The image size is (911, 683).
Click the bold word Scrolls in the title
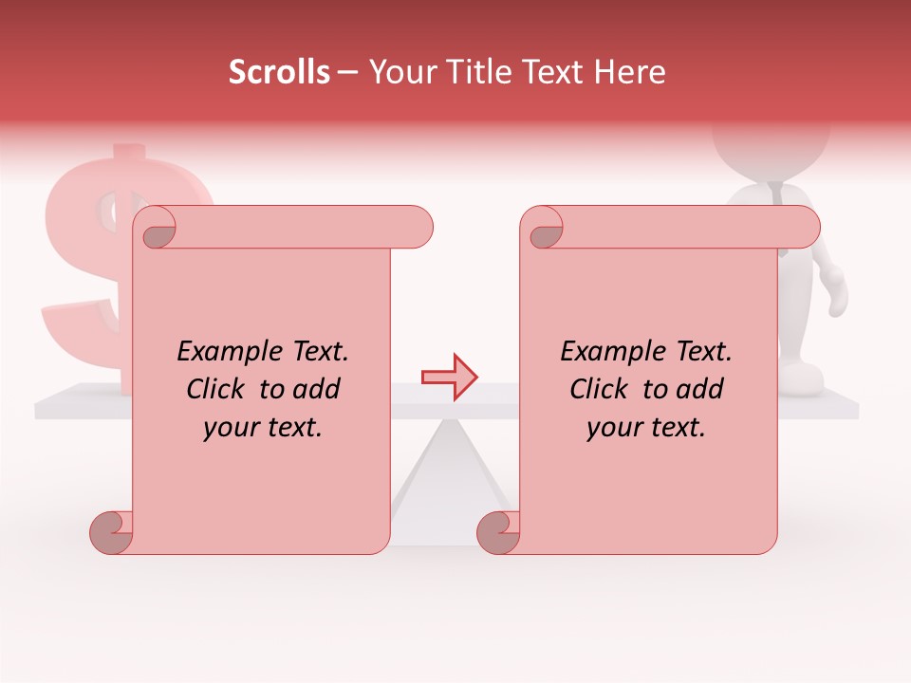[x=279, y=72]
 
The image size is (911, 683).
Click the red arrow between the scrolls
[x=450, y=377]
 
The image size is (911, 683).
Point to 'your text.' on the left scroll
[x=263, y=428]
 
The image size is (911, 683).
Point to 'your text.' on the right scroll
[x=646, y=428]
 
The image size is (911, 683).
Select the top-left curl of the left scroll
[x=158, y=231]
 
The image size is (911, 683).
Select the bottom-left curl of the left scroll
[x=112, y=532]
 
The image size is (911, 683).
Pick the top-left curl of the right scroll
[x=545, y=231]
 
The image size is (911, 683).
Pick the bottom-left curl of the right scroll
[x=498, y=532]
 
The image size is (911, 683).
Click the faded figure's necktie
[x=777, y=194]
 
